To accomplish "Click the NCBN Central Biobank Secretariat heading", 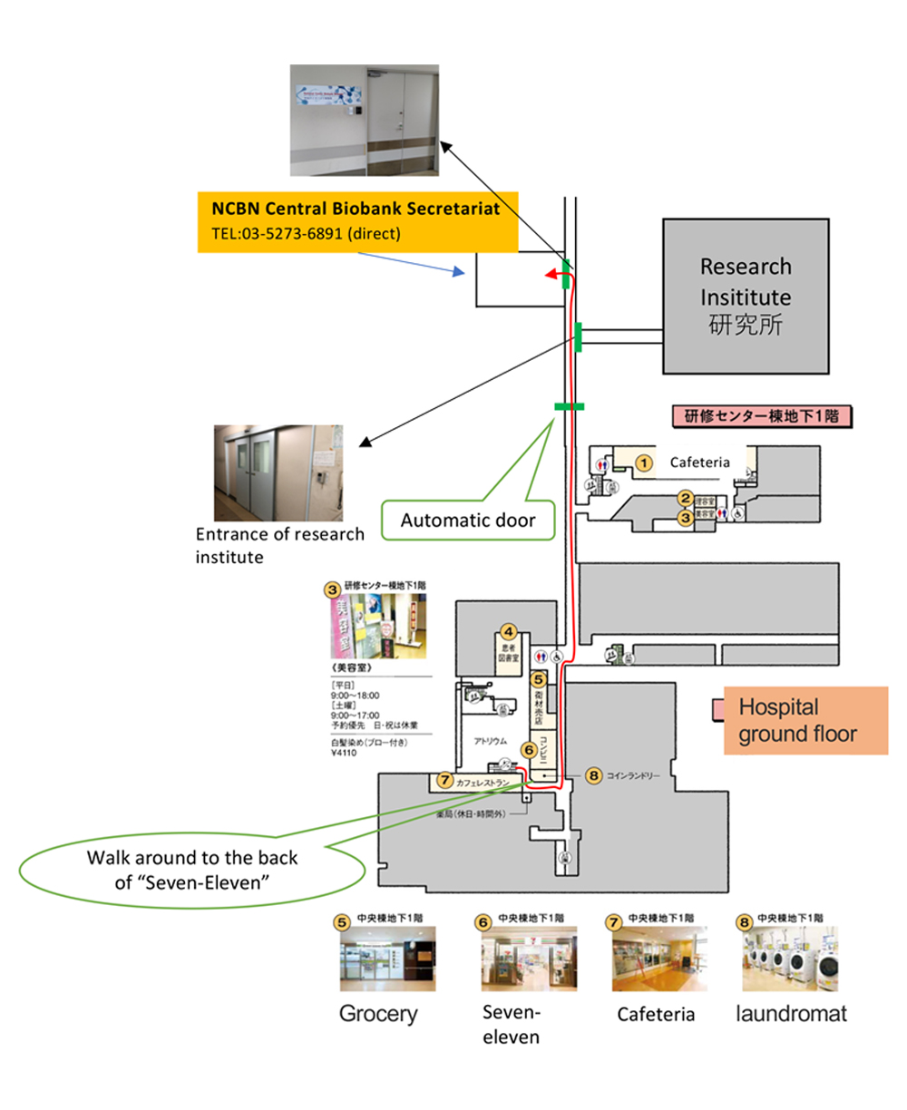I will (x=356, y=209).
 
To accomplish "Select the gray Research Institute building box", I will (x=746, y=296).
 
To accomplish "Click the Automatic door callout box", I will (x=468, y=521).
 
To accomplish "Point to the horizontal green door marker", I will (x=569, y=406).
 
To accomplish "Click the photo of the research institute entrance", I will (x=278, y=472).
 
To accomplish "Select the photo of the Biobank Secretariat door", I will (x=364, y=120).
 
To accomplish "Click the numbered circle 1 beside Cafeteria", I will (x=643, y=463).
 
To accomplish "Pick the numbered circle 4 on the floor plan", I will (x=509, y=632).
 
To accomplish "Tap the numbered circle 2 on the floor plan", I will (x=686, y=499).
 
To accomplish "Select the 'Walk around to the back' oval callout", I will (x=192, y=869).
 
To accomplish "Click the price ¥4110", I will (x=345, y=753).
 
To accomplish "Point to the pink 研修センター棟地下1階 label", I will (x=761, y=416).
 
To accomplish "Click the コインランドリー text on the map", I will (x=634, y=776).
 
